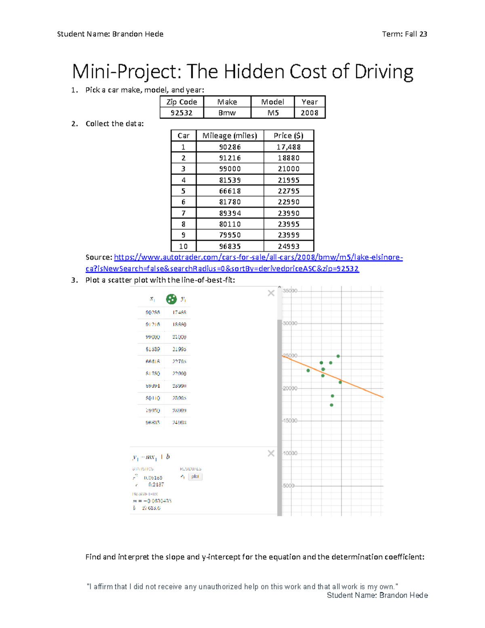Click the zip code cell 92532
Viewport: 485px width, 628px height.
181,113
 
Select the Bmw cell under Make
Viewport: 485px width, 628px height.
227,113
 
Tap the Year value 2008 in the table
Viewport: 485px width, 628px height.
309,113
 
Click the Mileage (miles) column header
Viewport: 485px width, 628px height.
230,135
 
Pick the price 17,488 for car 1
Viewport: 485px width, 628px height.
289,147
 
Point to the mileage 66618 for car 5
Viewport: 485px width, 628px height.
230,191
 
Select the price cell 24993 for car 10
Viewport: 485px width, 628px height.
289,246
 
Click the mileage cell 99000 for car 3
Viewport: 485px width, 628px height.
230,169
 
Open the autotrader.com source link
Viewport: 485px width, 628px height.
258,257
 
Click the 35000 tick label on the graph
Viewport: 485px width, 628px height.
290,291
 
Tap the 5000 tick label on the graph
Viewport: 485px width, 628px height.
289,486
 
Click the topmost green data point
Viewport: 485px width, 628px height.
338,356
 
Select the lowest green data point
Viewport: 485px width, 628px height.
331,405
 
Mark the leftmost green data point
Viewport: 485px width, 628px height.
308,370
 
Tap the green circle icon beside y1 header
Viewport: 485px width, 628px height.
171,299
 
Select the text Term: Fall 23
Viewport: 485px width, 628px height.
404,34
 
